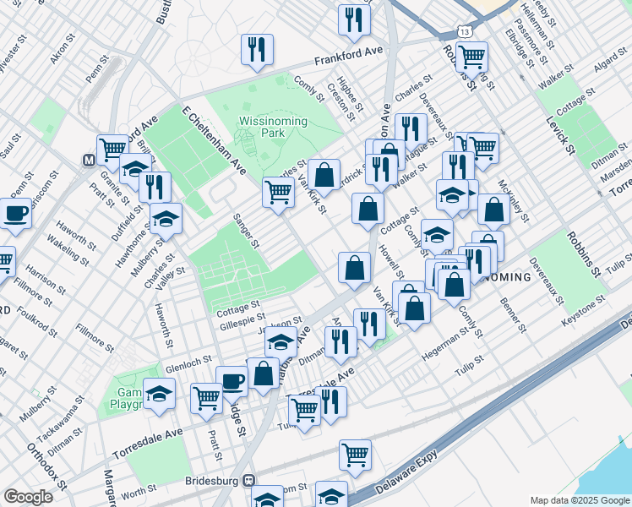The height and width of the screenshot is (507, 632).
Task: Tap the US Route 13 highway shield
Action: [x=465, y=31]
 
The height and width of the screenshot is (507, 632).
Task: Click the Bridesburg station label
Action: [x=212, y=481]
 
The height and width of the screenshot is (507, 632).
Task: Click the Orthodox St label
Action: [x=46, y=465]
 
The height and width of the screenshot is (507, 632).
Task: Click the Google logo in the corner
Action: [x=28, y=496]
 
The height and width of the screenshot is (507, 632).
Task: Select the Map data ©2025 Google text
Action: [x=579, y=500]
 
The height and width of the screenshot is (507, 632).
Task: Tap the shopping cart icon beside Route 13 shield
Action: [x=471, y=57]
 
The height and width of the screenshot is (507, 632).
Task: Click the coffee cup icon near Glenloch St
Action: [x=232, y=381]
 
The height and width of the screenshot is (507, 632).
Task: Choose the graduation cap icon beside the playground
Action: [x=159, y=395]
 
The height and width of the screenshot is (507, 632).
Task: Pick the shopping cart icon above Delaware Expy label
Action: [x=356, y=455]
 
